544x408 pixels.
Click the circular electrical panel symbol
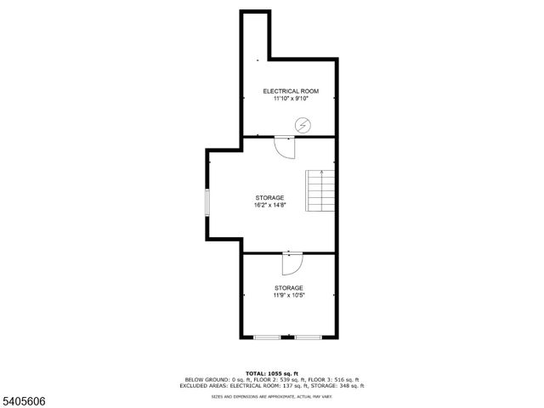302,125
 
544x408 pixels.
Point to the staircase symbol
320,191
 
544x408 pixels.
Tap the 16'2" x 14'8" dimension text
269,205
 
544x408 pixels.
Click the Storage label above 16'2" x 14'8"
269,197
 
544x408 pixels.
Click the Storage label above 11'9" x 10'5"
288,288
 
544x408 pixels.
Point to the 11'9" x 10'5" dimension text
288,296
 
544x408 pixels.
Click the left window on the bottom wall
267,338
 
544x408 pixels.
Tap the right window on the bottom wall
308,338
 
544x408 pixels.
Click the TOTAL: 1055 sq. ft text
271,373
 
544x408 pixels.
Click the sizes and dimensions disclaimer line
271,396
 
